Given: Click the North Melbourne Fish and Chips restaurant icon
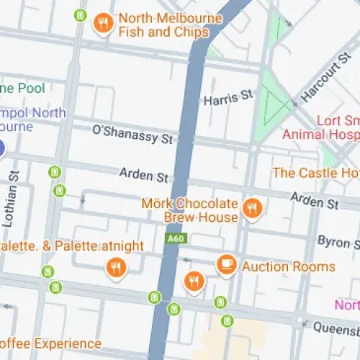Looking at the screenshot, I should (104, 25).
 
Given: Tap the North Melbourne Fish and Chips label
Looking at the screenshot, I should (163, 25).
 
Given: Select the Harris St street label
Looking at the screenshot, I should (229, 95).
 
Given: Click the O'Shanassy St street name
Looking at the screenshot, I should (133, 133).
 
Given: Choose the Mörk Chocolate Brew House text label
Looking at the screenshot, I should (189, 210).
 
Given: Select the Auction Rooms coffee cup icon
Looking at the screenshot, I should (227, 265).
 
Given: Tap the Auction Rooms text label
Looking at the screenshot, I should (289, 266).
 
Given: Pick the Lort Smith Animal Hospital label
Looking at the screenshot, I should (320, 127).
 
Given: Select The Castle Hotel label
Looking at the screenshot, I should (315, 173).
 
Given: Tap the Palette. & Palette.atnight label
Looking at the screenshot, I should (72, 246).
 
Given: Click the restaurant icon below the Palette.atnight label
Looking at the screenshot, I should (115, 269).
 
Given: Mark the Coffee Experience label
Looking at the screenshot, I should (50, 343).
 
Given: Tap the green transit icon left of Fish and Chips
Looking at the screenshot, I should (81, 15).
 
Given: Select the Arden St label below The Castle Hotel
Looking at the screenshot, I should (315, 201).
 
